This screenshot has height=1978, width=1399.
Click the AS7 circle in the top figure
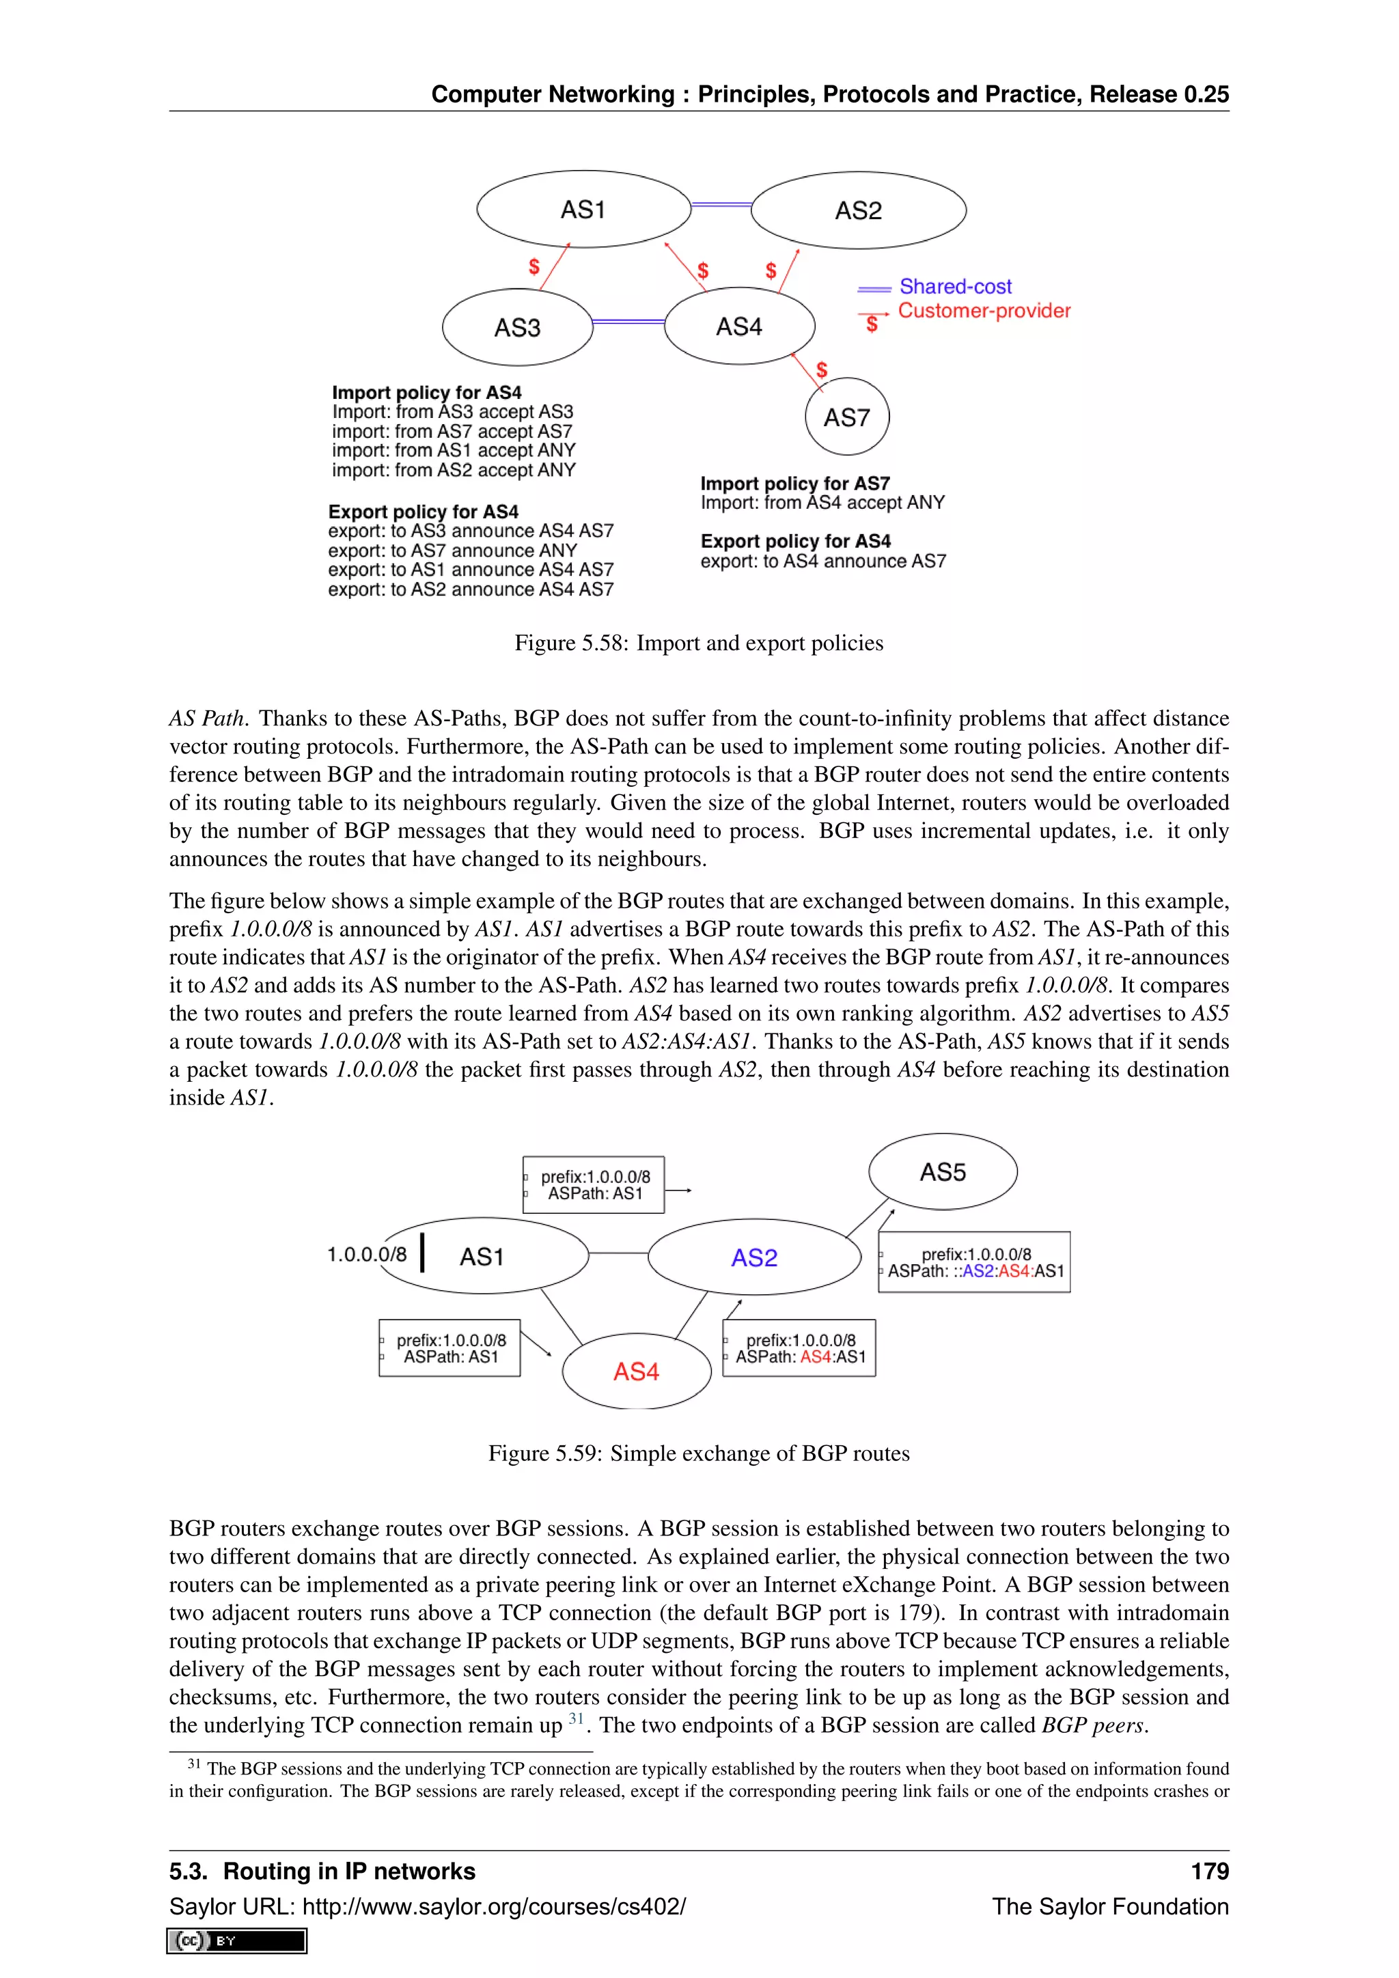coord(847,417)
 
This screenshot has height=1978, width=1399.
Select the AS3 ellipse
coord(517,327)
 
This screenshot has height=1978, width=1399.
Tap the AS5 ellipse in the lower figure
coord(943,1171)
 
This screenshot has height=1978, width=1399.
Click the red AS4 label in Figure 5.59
coord(636,1371)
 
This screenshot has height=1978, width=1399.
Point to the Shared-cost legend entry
coord(954,286)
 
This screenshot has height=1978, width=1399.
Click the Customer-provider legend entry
coord(983,311)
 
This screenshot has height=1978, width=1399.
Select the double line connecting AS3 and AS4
coord(629,321)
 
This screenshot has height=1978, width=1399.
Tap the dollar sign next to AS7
coord(822,370)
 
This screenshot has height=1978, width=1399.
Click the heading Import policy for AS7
coord(794,484)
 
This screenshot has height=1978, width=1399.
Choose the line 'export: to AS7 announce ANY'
coord(452,551)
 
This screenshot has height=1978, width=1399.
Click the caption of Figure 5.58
coord(699,643)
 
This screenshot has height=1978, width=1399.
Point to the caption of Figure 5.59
coord(699,1453)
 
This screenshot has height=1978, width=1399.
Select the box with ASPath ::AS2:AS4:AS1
coord(973,1262)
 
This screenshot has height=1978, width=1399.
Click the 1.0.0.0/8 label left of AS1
coord(366,1254)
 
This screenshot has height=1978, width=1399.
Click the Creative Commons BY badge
coord(237,1940)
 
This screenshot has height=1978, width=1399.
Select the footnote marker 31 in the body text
coord(575,1718)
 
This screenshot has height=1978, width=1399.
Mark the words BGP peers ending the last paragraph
coord(1092,1725)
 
